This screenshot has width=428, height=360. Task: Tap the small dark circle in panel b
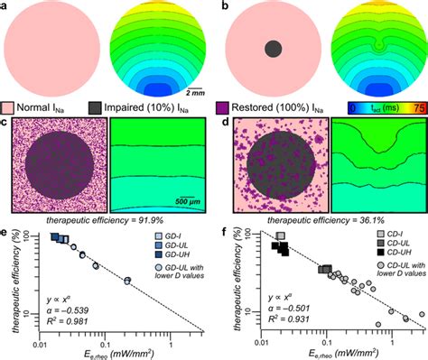[x=272, y=50]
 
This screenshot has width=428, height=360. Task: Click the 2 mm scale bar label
[x=193, y=91]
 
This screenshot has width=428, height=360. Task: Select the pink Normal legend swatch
[x=10, y=108]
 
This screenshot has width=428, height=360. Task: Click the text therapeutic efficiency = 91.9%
[x=106, y=219]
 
